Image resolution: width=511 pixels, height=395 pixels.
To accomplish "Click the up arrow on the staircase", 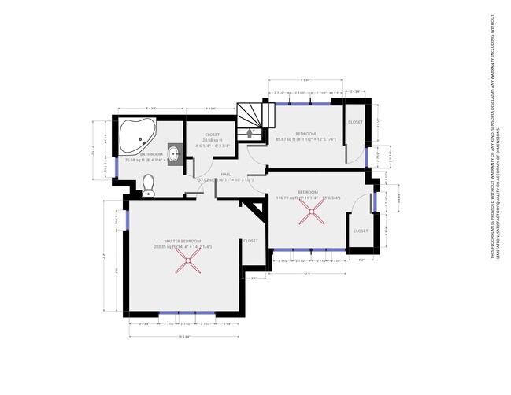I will [249, 132].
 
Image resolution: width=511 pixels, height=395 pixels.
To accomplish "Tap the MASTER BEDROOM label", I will [183, 240].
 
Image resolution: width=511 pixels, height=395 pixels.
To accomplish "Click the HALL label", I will [225, 174].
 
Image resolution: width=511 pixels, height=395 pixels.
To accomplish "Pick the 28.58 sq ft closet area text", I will [212, 140].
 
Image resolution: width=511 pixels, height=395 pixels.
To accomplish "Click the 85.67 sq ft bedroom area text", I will [306, 139].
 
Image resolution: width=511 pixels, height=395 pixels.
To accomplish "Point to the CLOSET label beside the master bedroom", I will [250, 241].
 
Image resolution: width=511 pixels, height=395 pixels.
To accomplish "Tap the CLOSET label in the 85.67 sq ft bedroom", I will [355, 122].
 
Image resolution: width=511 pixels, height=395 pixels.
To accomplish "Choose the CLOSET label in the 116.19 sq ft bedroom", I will [360, 231].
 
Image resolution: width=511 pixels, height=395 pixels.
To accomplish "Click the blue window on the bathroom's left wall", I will [117, 168].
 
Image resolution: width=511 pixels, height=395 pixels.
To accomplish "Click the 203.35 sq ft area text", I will [183, 246].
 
